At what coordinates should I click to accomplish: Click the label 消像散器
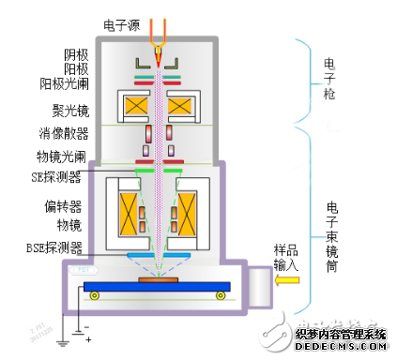click(84, 132)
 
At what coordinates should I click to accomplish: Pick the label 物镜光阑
click(84, 155)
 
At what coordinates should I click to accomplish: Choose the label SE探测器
click(81, 174)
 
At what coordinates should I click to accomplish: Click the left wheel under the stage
click(94, 295)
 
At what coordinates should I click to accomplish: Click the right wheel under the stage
click(222, 295)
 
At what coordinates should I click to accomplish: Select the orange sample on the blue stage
click(158, 278)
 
